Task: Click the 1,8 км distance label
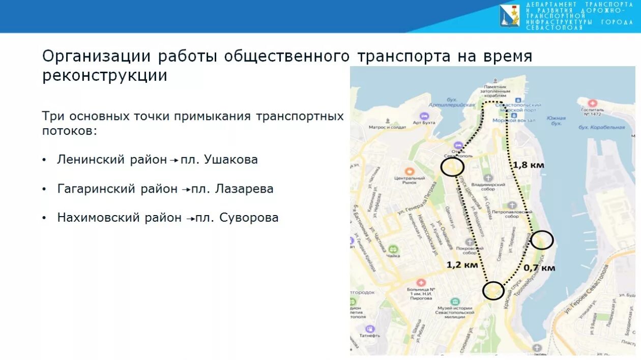tap(528, 165)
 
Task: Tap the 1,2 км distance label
tap(462, 264)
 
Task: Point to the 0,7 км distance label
tap(539, 267)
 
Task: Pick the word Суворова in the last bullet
tap(249, 218)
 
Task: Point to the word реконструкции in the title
tap(105, 76)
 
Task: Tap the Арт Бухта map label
tap(424, 123)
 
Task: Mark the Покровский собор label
tap(470, 250)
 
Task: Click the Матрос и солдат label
tap(387, 127)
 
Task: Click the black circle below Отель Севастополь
tap(452, 167)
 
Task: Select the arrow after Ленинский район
tap(174, 161)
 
